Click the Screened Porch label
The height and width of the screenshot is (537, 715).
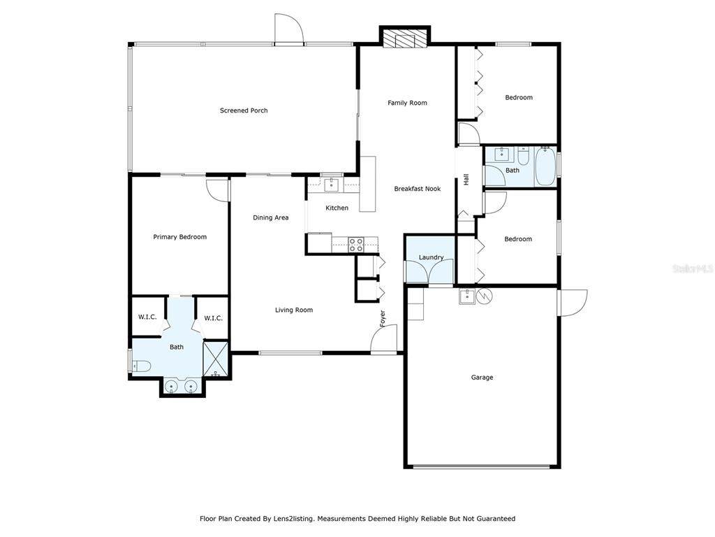[x=244, y=110]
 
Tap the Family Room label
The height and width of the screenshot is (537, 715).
[x=407, y=103]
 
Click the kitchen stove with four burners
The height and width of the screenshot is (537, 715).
[x=355, y=245]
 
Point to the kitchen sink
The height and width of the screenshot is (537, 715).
[x=332, y=185]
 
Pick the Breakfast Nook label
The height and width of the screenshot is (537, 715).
[x=418, y=189]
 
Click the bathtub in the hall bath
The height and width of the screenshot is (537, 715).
[x=545, y=166]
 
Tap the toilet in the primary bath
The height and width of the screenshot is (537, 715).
[x=141, y=366]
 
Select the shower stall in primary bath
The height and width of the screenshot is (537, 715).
[x=215, y=359]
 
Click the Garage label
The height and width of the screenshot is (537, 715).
[x=482, y=377]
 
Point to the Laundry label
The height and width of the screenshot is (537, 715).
[x=431, y=257]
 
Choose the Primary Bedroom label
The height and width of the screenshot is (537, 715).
[x=179, y=237]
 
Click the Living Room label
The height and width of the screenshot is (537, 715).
[x=294, y=310]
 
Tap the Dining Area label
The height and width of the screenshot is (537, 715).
[x=270, y=218]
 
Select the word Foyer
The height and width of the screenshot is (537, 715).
[x=383, y=319]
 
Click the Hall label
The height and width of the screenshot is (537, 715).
[x=466, y=180]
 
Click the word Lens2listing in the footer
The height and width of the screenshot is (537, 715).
[x=293, y=519]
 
